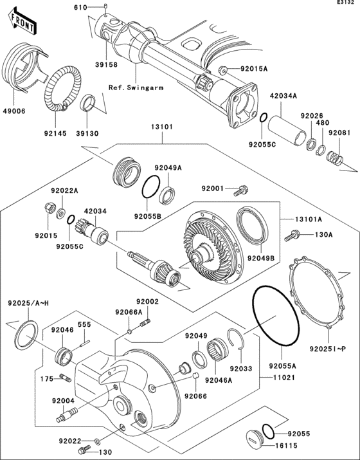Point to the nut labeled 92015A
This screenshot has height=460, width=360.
(223, 69)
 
